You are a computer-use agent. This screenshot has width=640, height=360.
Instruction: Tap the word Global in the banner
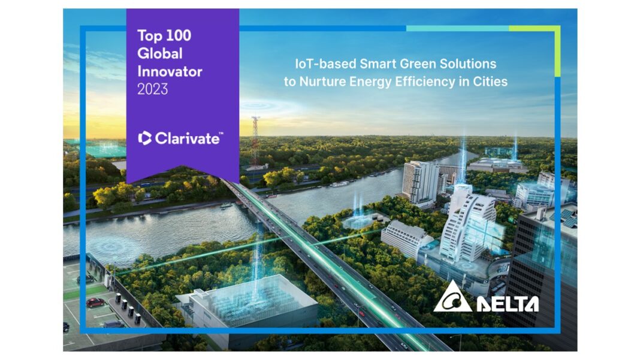(159, 53)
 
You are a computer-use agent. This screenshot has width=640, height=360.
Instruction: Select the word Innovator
(170, 71)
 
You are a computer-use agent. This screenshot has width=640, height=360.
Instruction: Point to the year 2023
(152, 89)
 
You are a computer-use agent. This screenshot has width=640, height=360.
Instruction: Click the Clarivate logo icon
(145, 138)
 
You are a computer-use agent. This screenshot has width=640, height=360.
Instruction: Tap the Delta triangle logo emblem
(452, 297)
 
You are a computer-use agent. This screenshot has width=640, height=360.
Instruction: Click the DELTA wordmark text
(508, 304)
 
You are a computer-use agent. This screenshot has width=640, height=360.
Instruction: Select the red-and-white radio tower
(255, 141)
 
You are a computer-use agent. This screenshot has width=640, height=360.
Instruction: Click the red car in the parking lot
(95, 302)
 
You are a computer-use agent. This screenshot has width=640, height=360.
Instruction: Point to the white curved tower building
(468, 226)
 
